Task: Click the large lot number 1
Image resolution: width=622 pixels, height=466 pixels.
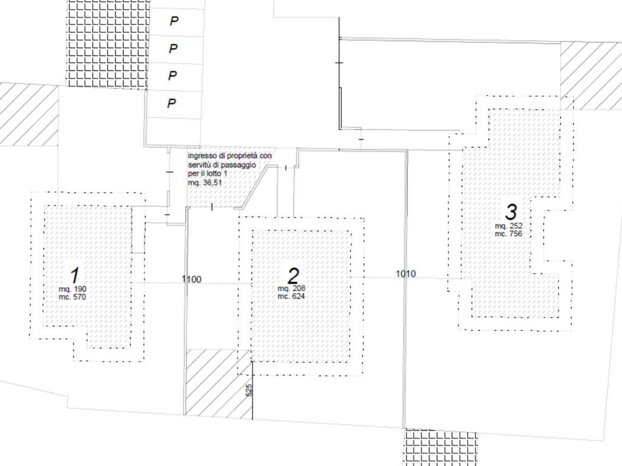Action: coord(75,275)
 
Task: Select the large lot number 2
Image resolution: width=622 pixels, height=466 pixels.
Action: coord(293,276)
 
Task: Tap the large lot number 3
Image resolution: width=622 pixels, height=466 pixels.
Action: coord(511,212)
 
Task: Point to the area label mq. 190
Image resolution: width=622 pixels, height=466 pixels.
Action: coord(73,289)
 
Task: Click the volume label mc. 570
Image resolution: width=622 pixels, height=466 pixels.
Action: coord(72,297)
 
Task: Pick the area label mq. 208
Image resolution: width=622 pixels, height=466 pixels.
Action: coord(292,288)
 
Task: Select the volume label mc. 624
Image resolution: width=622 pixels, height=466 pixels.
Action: coord(291,296)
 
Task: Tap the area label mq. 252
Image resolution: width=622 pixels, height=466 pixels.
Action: coord(508,226)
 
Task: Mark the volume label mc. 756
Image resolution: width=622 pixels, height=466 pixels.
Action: coord(508,234)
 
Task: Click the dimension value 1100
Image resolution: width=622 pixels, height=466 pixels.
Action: coord(191,279)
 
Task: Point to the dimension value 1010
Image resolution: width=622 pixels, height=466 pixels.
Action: coord(406,274)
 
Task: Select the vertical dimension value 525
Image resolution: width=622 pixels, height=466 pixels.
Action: coord(249,390)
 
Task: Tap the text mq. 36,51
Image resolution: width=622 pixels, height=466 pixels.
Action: coord(205,183)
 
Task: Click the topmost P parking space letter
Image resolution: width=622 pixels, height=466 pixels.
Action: coord(174,21)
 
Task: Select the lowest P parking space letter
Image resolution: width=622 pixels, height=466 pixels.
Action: coord(171,103)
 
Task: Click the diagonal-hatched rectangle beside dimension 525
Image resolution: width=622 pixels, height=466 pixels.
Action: coord(219,383)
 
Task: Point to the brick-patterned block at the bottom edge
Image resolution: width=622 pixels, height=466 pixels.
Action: coord(440,447)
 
